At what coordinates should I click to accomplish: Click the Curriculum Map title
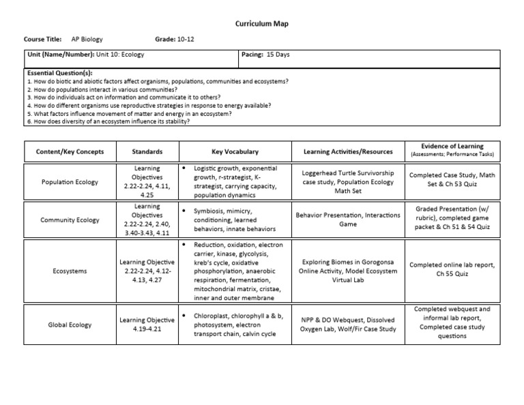click(x=261, y=24)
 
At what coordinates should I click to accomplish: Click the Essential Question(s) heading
click(x=60, y=73)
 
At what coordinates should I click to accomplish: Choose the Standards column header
click(x=147, y=151)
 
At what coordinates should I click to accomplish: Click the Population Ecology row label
click(x=69, y=182)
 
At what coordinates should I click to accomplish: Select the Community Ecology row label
click(x=69, y=220)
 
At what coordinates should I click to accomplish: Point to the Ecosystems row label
click(x=69, y=271)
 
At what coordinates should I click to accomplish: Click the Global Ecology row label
click(x=69, y=325)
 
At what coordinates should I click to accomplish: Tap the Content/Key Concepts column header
click(x=69, y=151)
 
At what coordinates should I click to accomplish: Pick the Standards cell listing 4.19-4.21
click(x=147, y=325)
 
